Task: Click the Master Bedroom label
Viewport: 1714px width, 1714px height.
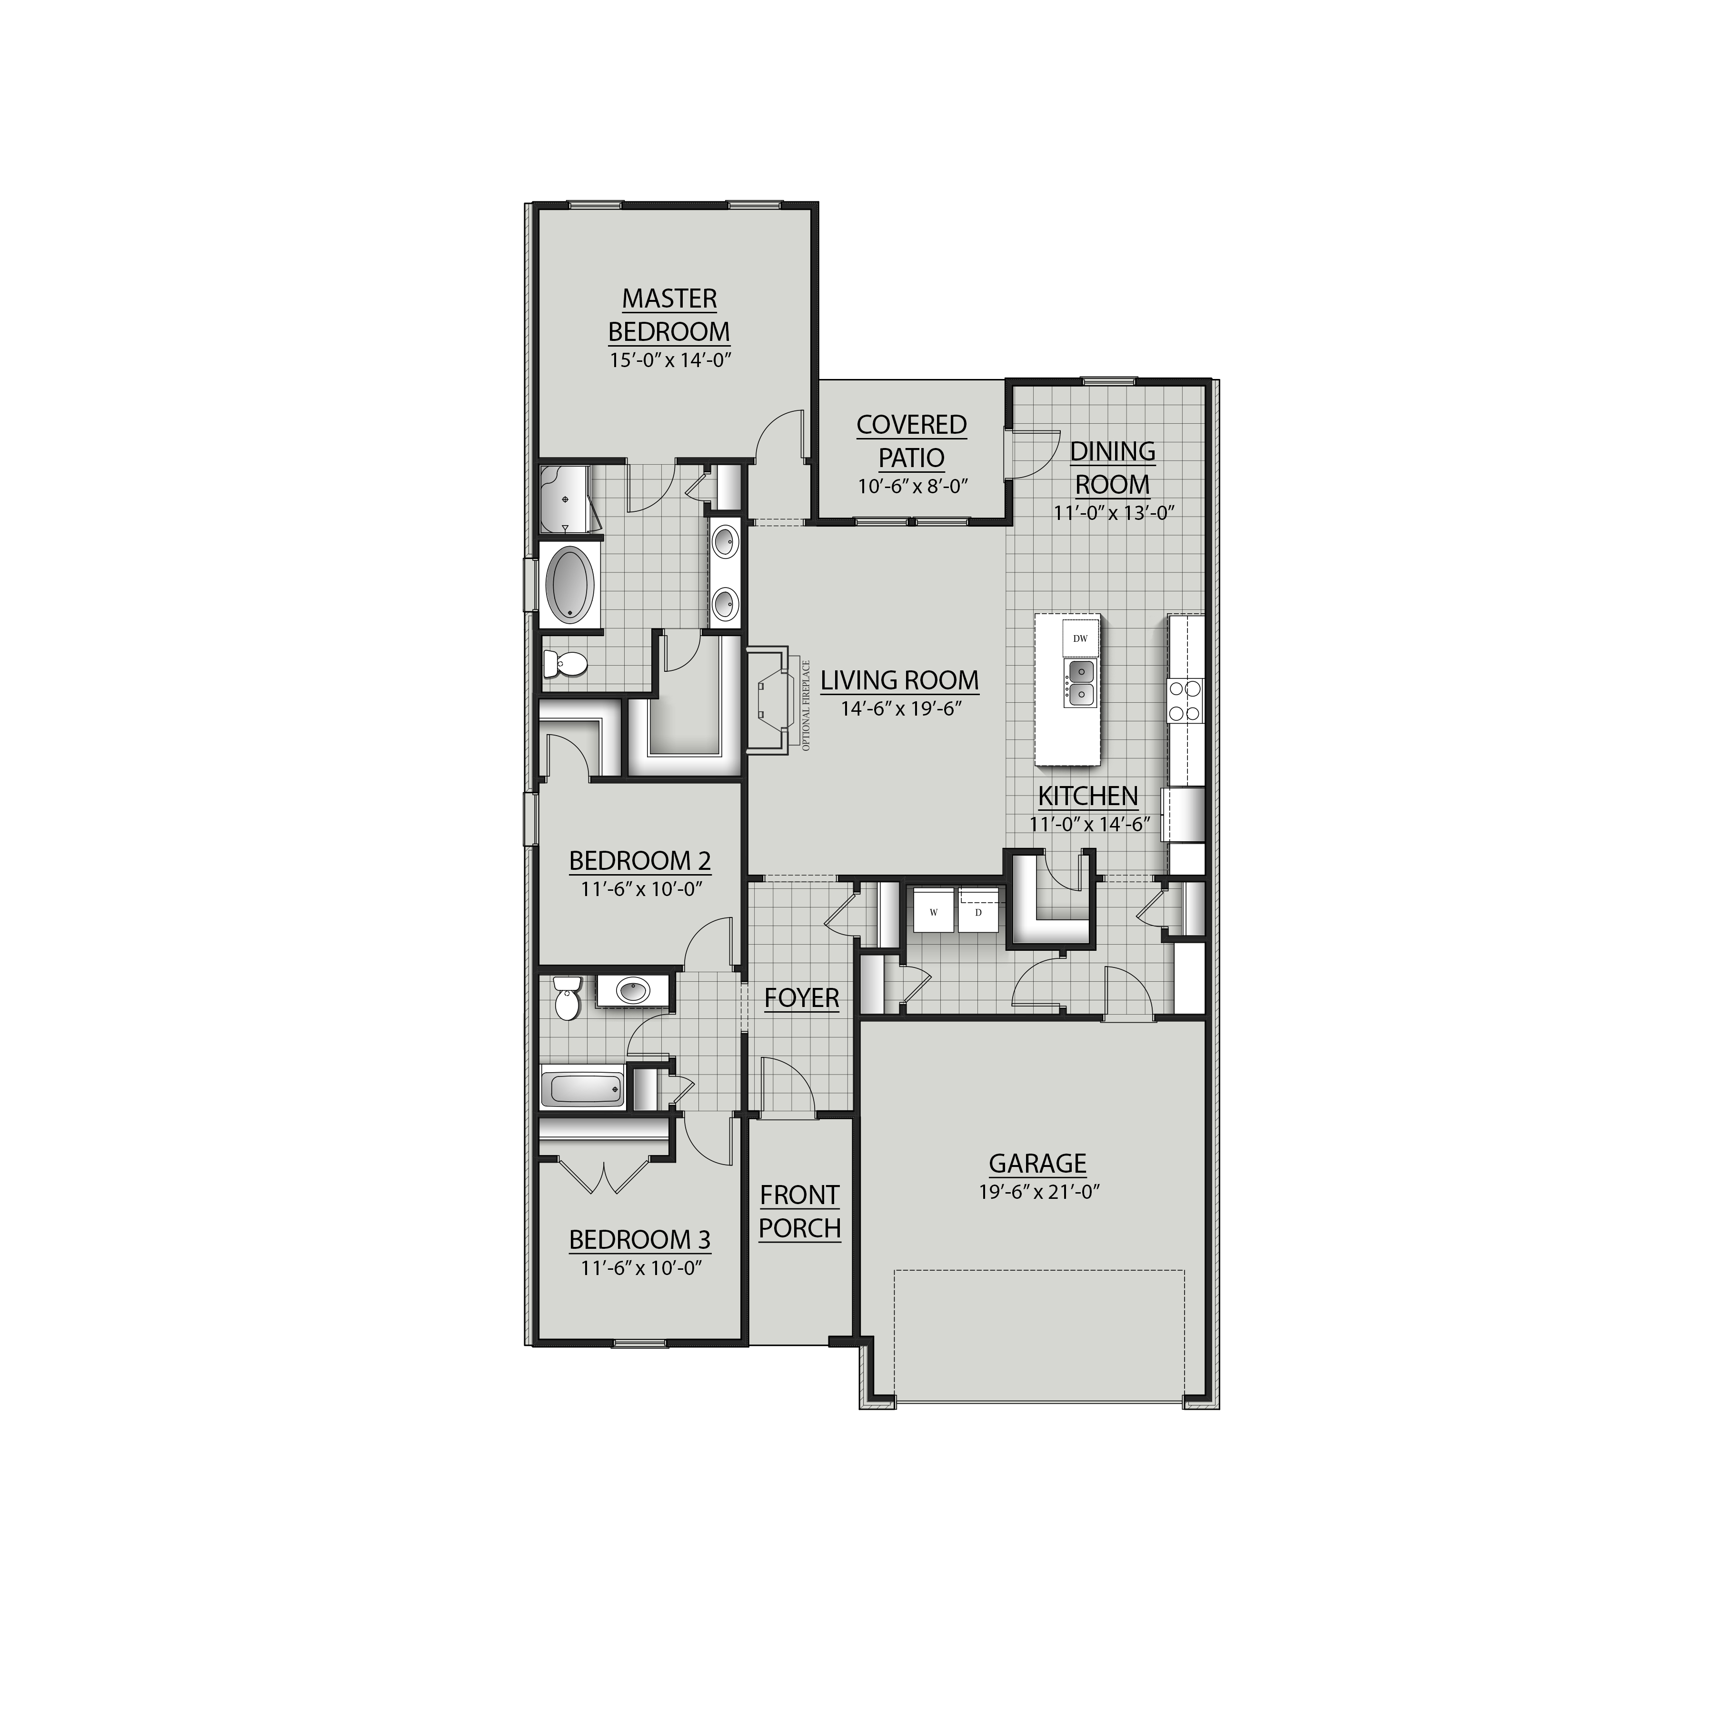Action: [669, 315]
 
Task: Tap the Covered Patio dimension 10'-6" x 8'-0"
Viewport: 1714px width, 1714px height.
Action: [912, 486]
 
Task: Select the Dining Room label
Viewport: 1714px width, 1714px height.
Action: [1113, 468]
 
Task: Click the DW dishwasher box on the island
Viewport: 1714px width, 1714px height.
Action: [1080, 638]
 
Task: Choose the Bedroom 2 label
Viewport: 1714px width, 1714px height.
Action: [639, 860]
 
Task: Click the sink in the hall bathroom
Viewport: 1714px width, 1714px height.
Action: [633, 990]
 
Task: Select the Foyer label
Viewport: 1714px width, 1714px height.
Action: [801, 998]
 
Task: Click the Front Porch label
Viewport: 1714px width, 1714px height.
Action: [799, 1211]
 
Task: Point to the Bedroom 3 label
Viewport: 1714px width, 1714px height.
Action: [639, 1239]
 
